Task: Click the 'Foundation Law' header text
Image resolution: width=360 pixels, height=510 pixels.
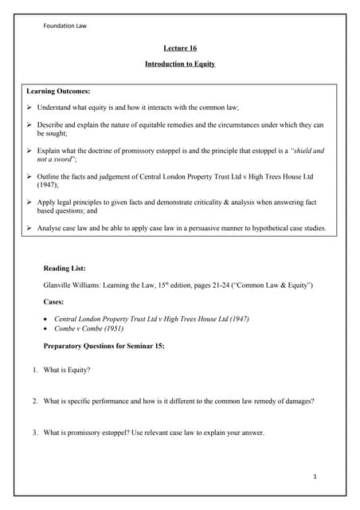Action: click(65, 25)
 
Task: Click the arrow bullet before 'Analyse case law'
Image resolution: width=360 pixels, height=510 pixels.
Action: click(30, 227)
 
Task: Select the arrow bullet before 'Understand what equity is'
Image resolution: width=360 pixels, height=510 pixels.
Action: click(30, 107)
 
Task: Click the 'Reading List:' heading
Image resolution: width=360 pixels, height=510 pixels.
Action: click(67, 269)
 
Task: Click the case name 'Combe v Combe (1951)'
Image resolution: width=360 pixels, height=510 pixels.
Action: click(88, 328)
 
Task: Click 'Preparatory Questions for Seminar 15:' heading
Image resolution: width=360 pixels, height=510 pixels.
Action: click(104, 345)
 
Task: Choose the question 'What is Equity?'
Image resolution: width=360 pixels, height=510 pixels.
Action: click(67, 370)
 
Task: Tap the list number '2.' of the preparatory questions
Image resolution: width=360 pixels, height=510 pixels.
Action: click(35, 401)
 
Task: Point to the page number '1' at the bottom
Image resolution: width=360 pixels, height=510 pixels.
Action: click(315, 476)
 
